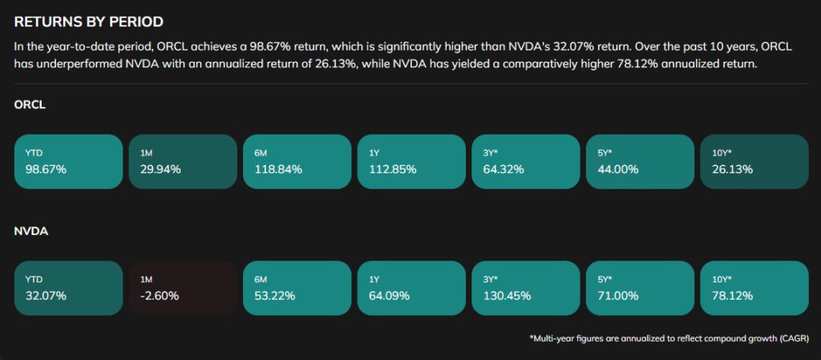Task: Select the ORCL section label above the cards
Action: [30, 105]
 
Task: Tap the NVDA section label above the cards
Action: [30, 232]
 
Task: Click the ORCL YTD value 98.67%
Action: [46, 169]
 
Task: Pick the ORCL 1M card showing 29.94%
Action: [183, 161]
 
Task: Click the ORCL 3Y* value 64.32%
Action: [504, 169]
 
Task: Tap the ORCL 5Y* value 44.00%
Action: [618, 169]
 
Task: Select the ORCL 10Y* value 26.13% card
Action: [754, 161]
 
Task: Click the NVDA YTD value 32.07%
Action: [46, 296]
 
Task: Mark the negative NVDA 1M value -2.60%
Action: [159, 296]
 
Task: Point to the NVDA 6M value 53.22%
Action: [274, 296]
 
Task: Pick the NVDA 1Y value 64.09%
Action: [389, 296]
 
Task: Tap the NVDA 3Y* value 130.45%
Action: [507, 296]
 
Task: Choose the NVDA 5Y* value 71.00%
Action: [617, 296]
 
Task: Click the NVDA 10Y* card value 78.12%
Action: [732, 296]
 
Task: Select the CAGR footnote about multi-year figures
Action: [669, 339]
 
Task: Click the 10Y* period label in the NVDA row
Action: [722, 279]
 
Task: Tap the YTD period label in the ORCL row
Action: [34, 152]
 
